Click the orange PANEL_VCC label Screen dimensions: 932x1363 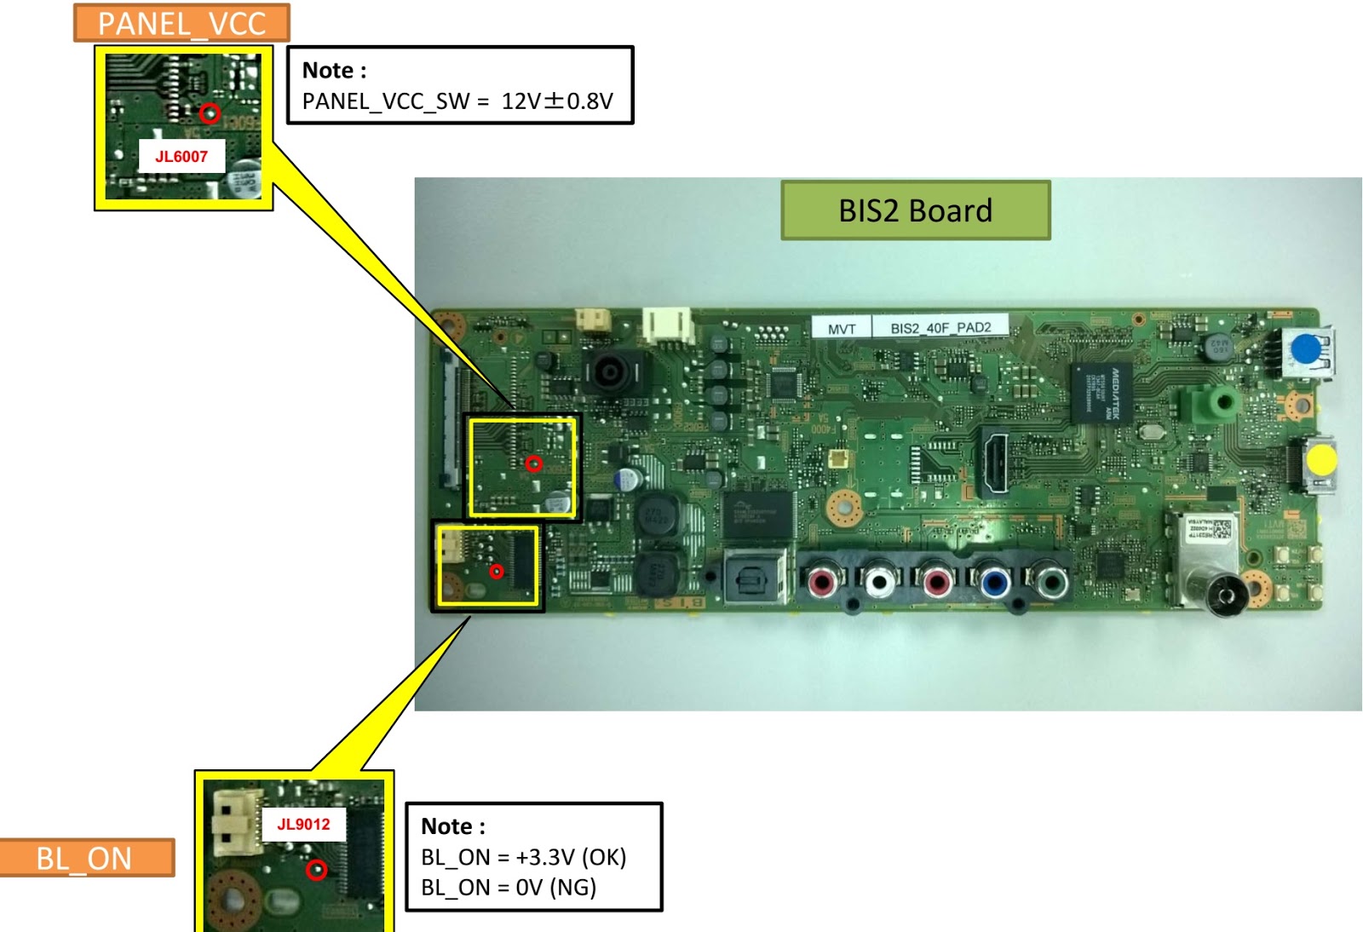(181, 23)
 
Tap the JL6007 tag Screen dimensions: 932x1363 (181, 156)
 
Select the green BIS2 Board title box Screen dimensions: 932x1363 (915, 210)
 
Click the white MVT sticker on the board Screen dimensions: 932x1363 (842, 329)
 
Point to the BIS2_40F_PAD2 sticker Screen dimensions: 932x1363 (940, 328)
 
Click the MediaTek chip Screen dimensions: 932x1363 (1102, 392)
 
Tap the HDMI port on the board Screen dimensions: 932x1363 (992, 461)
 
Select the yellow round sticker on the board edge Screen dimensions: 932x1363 (1321, 461)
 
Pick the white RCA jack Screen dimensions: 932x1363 (878, 583)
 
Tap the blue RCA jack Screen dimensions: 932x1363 (994, 584)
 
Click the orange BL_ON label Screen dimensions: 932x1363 (84, 858)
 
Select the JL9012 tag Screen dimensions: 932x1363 (303, 824)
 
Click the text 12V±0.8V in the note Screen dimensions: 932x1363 (557, 101)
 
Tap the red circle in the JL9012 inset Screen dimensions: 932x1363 (317, 870)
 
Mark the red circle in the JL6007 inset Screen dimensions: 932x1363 (210, 112)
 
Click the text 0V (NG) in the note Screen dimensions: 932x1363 (555, 888)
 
